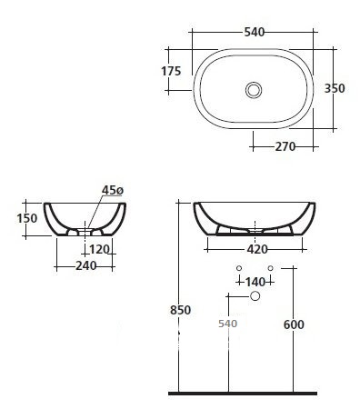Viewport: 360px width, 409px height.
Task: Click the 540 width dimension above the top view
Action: (x=255, y=32)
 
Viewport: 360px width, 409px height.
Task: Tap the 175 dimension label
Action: (x=171, y=71)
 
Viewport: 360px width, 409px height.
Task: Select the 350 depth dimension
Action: (x=335, y=88)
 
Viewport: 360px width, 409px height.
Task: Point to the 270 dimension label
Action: (x=285, y=146)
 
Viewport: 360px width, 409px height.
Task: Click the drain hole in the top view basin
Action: (x=254, y=90)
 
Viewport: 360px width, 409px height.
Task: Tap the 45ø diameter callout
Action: (x=113, y=190)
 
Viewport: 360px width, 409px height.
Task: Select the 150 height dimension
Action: (x=27, y=218)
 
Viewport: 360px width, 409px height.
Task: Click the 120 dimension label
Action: (x=99, y=249)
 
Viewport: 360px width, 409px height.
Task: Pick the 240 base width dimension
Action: (x=85, y=266)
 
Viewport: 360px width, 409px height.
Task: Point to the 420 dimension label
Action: (x=257, y=249)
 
